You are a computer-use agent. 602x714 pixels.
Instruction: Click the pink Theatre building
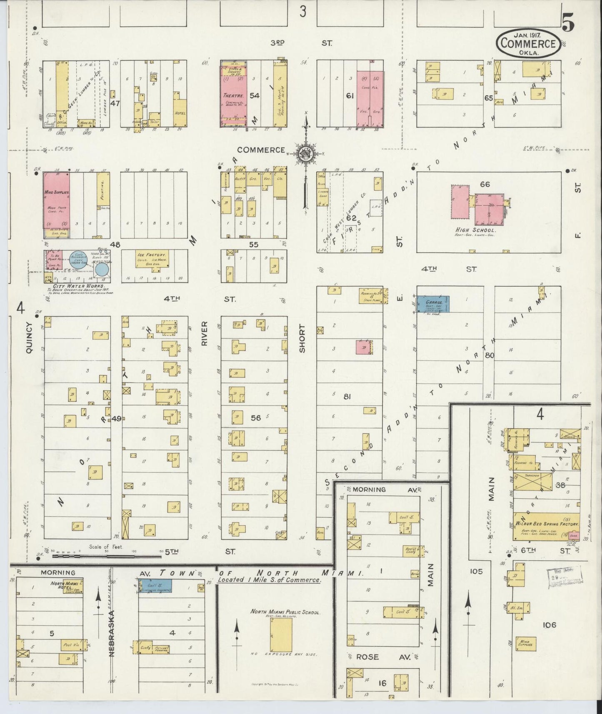coord(234,95)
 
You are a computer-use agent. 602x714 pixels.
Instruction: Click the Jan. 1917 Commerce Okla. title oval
coord(528,42)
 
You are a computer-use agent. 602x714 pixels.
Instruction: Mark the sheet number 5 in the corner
coord(568,22)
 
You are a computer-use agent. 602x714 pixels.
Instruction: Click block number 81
coord(347,397)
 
